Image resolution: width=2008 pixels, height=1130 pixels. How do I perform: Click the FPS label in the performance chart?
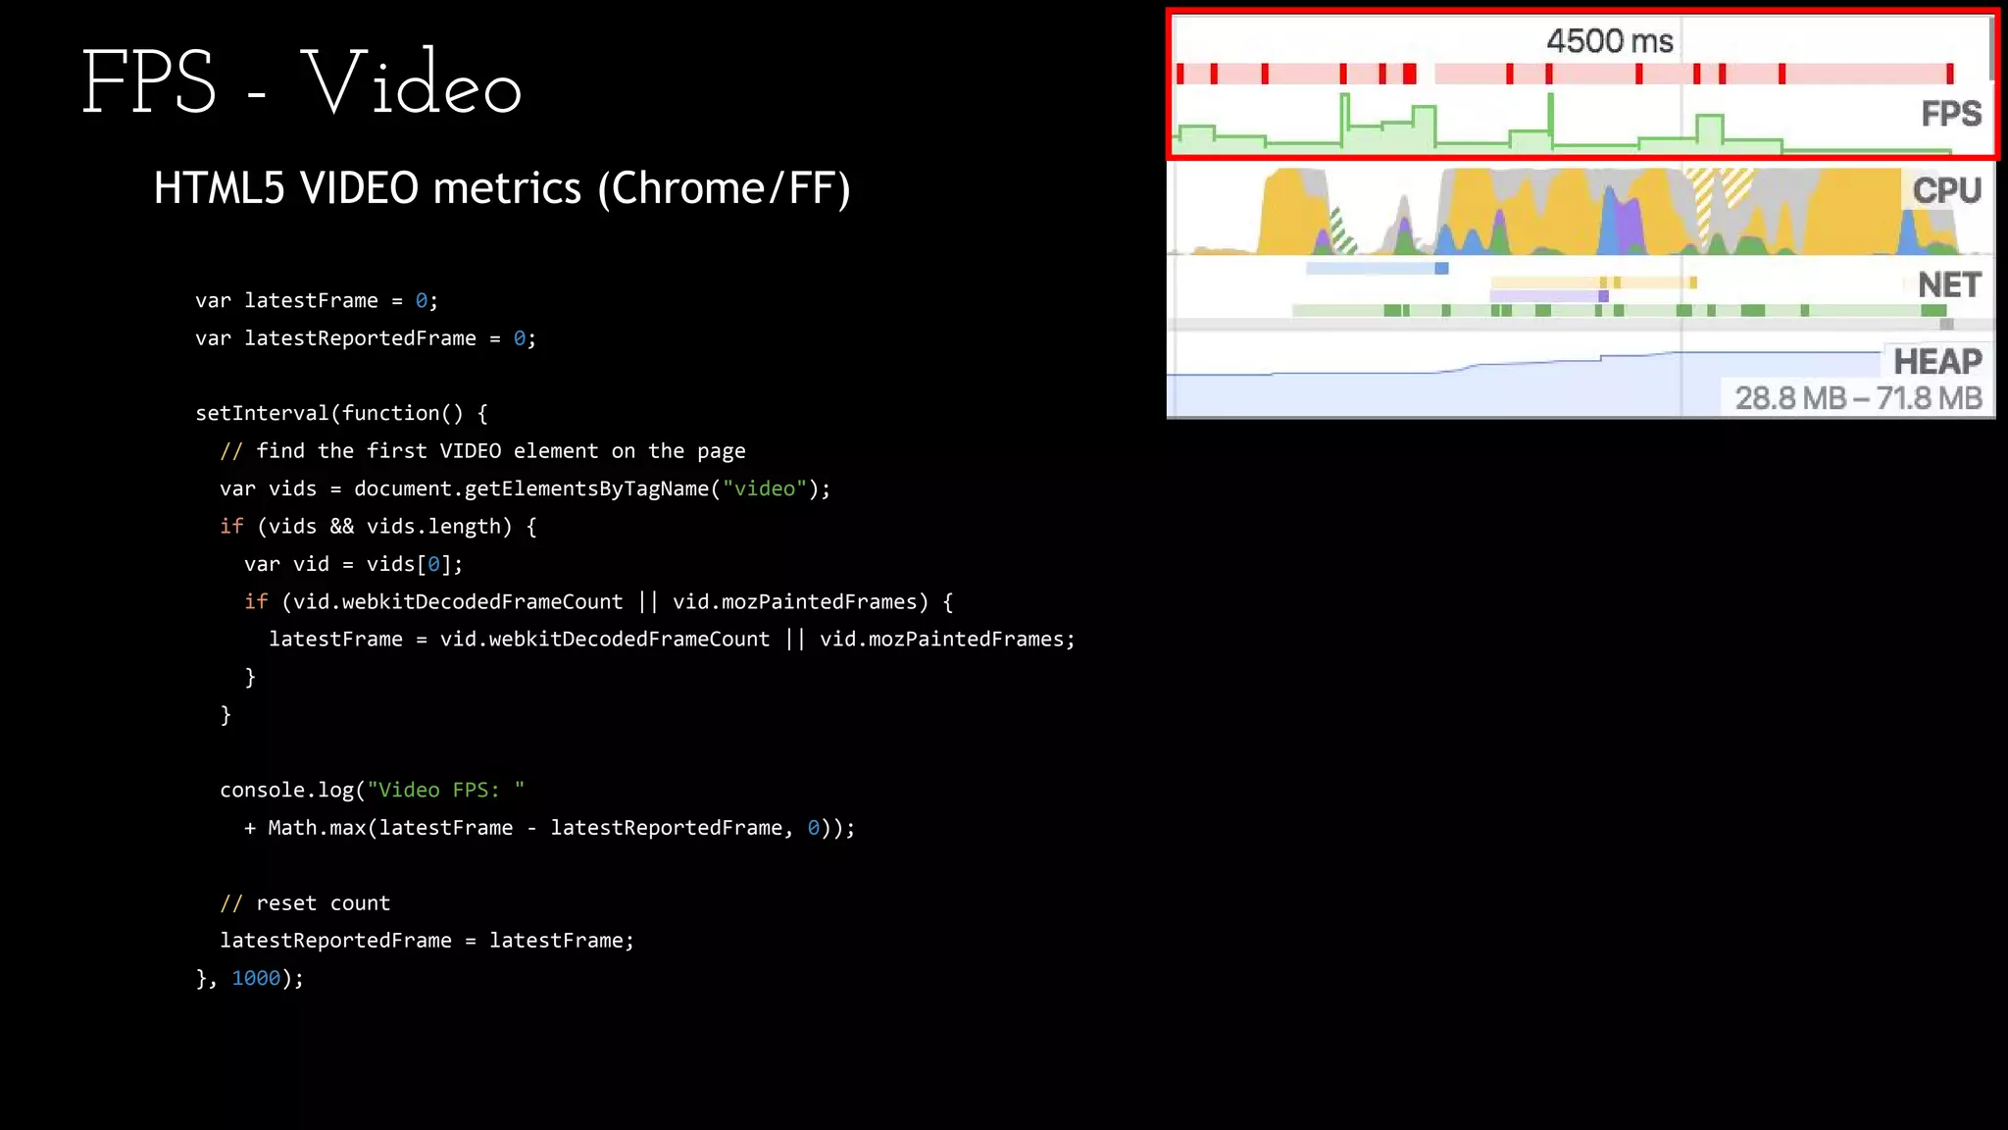click(x=1950, y=114)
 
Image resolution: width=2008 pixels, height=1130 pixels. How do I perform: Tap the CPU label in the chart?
click(x=1946, y=190)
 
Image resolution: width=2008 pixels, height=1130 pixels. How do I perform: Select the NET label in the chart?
click(x=1949, y=285)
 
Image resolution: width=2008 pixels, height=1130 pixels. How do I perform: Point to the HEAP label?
click(x=1937, y=362)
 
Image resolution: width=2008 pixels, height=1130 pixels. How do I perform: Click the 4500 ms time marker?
click(x=1609, y=41)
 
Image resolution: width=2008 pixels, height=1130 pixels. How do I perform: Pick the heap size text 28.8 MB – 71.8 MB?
click(x=1858, y=398)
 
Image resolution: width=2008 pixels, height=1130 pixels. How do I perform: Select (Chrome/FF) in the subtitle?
click(x=725, y=188)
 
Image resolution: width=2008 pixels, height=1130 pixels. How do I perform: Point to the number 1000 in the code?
click(x=256, y=978)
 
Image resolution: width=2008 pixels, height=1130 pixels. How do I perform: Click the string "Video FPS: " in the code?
click(x=446, y=790)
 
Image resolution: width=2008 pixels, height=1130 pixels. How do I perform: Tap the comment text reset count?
click(x=323, y=903)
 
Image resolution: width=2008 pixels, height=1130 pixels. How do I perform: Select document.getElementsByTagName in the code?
click(x=530, y=488)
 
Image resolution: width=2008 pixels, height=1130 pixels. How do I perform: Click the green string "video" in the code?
click(x=765, y=488)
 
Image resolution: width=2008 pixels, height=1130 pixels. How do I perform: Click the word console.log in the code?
click(x=286, y=790)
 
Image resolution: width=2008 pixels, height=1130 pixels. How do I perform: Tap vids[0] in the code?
click(x=414, y=564)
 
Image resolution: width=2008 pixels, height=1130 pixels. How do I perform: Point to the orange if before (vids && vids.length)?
click(x=231, y=527)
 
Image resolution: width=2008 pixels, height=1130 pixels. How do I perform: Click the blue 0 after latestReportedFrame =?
click(x=519, y=338)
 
